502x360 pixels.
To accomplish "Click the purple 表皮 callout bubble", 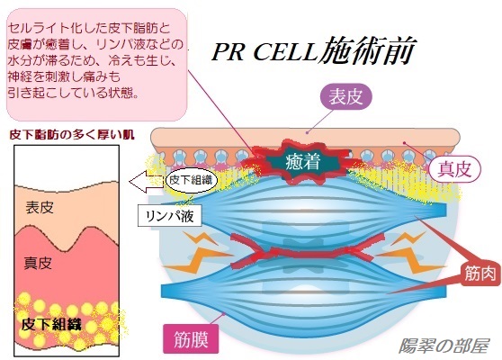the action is pos(346,96).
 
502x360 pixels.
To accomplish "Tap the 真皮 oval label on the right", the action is pos(454,169).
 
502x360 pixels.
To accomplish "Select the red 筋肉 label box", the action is pos(481,274).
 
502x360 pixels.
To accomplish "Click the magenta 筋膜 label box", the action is pos(191,339).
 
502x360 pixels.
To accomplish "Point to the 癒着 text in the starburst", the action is pos(303,161).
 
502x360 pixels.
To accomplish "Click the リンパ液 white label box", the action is pos(170,216).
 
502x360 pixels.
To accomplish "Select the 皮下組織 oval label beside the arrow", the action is pos(191,180).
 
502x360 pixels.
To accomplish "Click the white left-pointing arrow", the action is pos(147,182).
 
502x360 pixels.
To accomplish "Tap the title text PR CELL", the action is pos(264,52).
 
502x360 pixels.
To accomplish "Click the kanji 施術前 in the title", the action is pos(367,49).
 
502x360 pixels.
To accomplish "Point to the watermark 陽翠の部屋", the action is pos(444,346).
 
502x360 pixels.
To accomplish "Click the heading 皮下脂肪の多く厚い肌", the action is pos(72,134).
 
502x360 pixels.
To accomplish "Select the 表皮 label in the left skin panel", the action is pos(40,207).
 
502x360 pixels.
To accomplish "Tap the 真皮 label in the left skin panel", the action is pos(38,263).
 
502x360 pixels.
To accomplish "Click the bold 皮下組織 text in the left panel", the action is pos(51,324).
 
